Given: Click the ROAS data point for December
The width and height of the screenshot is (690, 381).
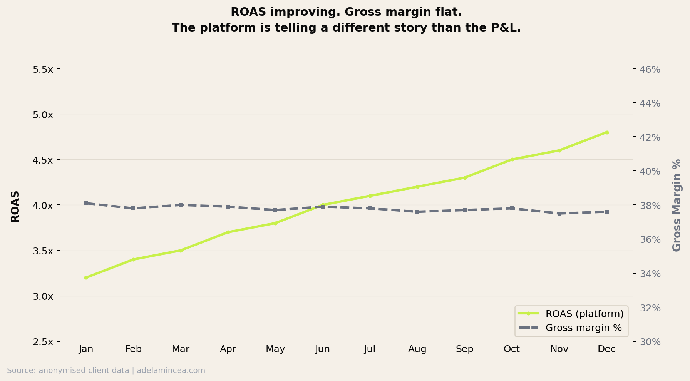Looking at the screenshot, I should (606, 132).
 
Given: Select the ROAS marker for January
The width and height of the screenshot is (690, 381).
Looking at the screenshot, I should (86, 277).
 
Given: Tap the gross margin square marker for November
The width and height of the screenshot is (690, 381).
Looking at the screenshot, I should (559, 213).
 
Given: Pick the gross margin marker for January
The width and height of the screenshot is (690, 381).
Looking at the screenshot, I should (86, 203).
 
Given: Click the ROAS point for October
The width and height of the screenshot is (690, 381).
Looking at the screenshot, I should (512, 159).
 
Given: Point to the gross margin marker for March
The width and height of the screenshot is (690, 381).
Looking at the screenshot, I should (181, 205).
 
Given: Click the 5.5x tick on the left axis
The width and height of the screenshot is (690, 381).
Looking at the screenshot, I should (43, 70).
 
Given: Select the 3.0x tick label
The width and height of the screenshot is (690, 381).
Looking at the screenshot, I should (43, 297).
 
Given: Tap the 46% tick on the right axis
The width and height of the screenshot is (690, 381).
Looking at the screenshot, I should (650, 70).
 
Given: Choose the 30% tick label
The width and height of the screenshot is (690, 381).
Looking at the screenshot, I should (650, 342).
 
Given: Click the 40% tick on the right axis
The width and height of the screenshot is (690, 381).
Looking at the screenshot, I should (650, 172).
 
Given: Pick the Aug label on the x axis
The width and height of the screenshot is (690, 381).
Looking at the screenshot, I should (417, 349).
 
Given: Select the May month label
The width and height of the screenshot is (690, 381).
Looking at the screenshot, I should (275, 349).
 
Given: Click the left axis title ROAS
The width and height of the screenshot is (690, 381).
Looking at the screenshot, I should (15, 206).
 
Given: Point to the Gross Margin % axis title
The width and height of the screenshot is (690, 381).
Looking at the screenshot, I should (677, 206).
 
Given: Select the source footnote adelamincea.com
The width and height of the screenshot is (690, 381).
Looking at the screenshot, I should (171, 371).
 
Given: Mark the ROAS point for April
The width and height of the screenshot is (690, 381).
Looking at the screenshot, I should (228, 232).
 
